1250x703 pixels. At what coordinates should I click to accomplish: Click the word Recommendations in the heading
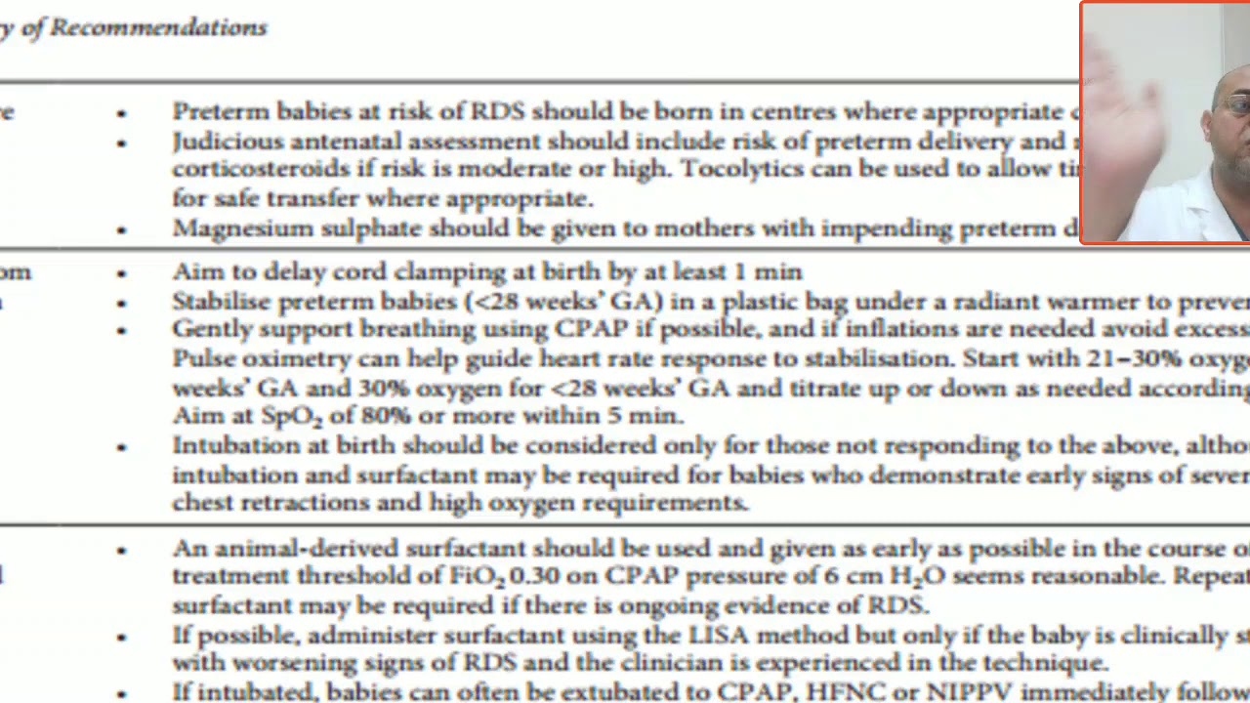pos(158,27)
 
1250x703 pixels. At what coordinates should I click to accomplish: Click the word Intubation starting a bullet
pos(230,446)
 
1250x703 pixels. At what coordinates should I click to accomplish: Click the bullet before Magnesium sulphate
pos(121,229)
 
